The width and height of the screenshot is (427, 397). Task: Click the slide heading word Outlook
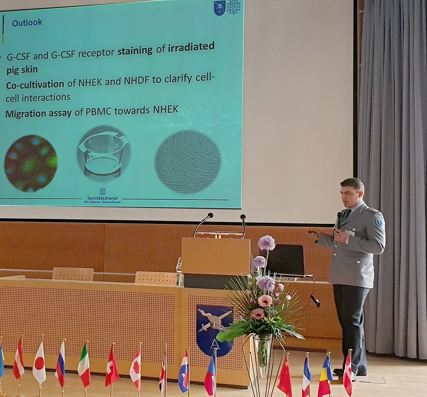pyautogui.click(x=27, y=23)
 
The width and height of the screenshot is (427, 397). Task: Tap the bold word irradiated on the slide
pyautogui.click(x=191, y=47)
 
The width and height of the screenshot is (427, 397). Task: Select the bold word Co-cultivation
pyautogui.click(x=35, y=85)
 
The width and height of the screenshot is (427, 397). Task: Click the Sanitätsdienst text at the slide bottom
pyautogui.click(x=102, y=198)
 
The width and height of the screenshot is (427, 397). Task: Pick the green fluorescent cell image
pyautogui.click(x=31, y=163)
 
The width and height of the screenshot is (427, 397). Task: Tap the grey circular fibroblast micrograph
pyautogui.click(x=188, y=162)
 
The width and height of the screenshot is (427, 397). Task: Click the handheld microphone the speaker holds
pyautogui.click(x=339, y=220)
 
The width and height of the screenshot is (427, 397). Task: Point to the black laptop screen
pyautogui.click(x=285, y=259)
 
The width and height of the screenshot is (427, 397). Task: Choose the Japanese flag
pyautogui.click(x=39, y=363)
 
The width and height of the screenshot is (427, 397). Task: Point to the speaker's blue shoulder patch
pyautogui.click(x=379, y=221)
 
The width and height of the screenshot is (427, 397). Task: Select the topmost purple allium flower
pyautogui.click(x=266, y=243)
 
